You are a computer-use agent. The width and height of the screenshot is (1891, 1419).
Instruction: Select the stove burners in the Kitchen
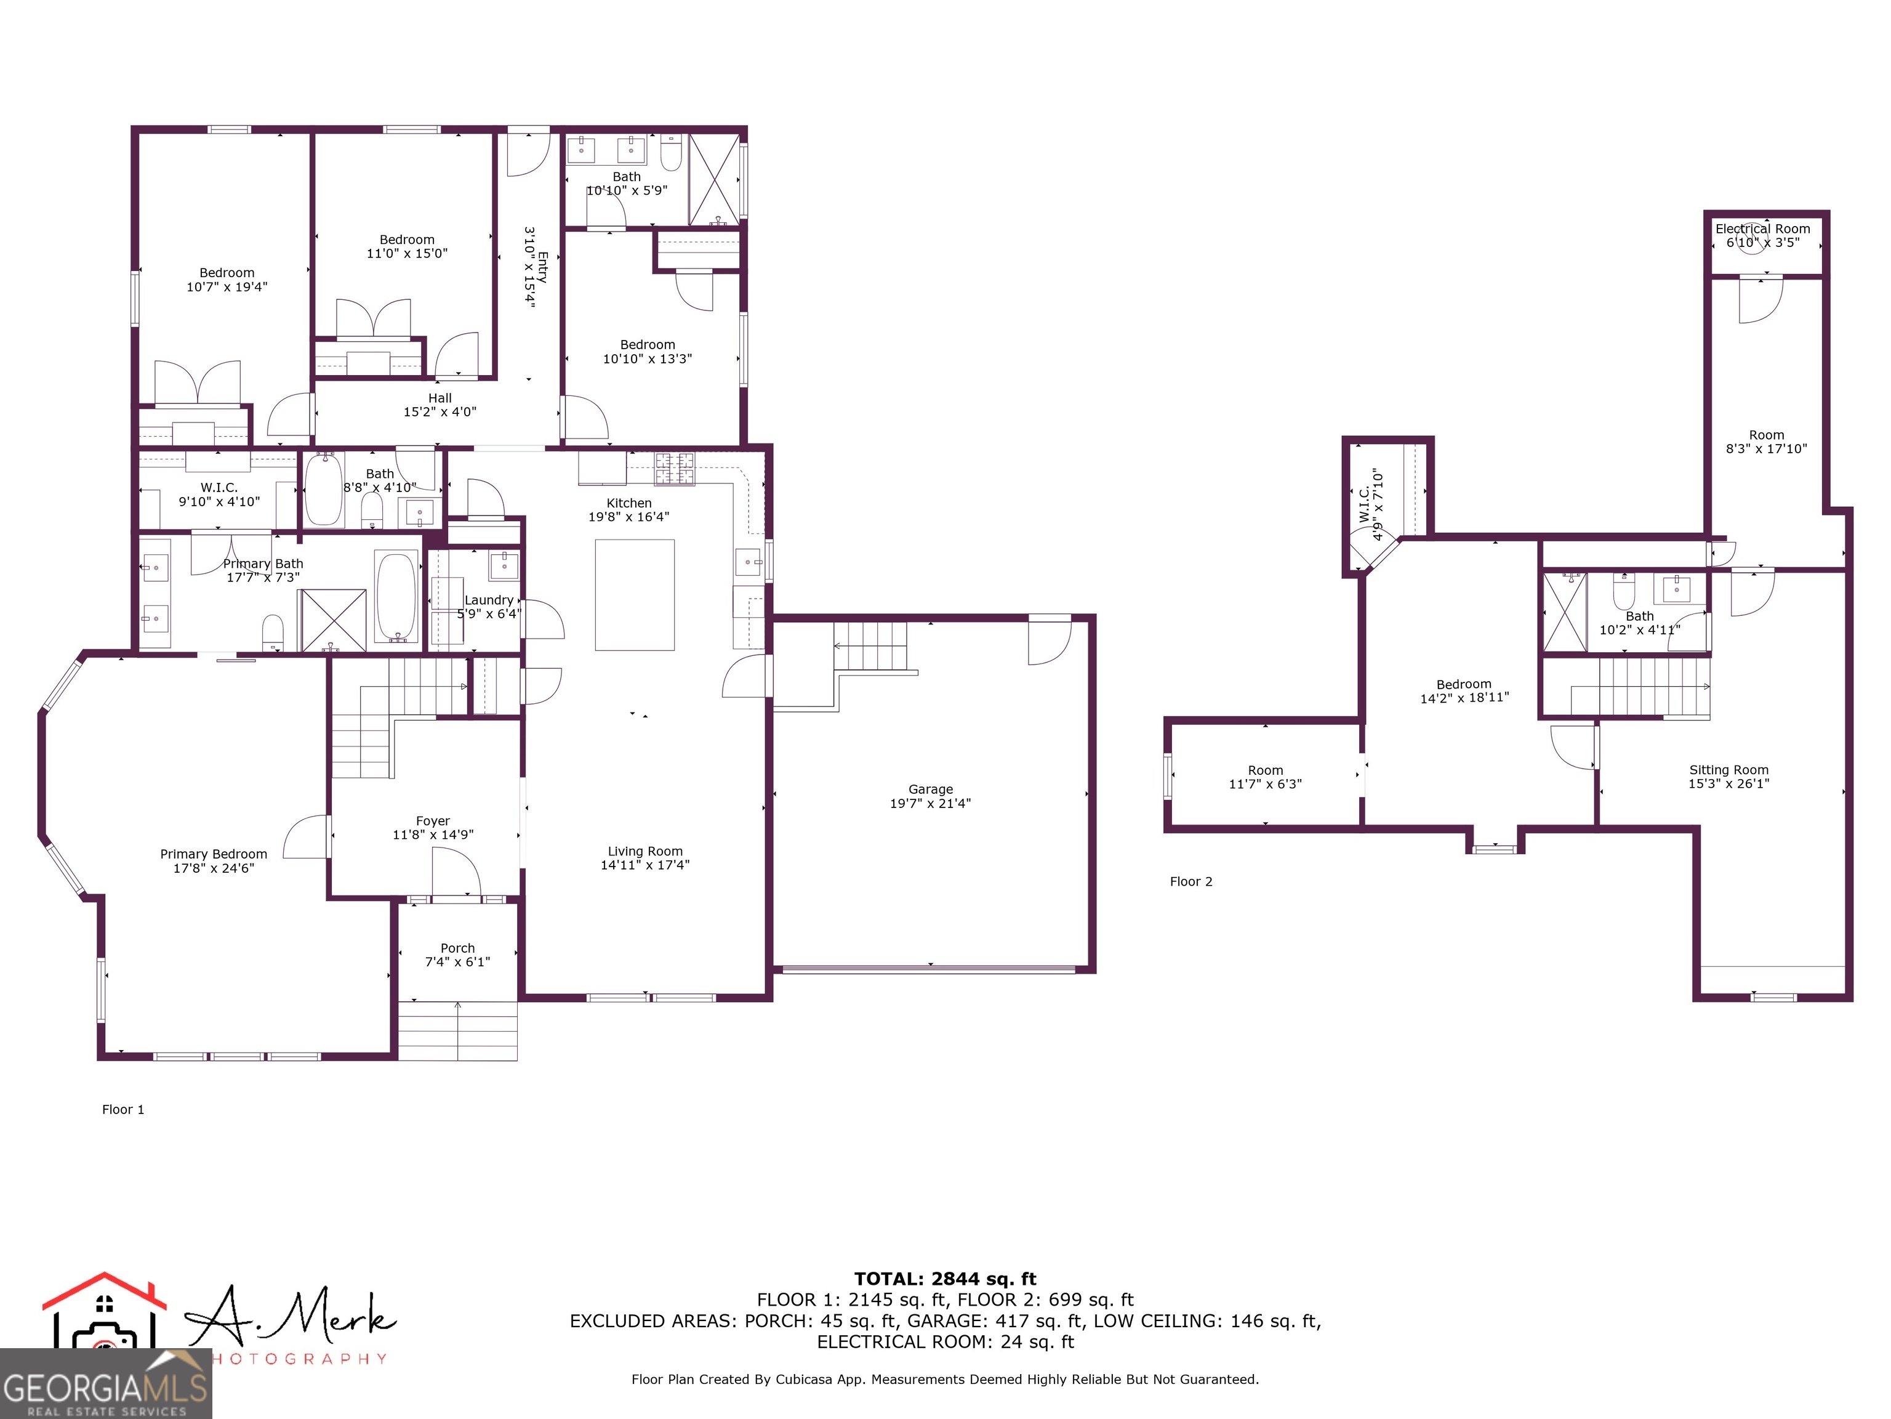[675, 469]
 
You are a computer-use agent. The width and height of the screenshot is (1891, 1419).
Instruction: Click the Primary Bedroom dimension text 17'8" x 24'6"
[214, 868]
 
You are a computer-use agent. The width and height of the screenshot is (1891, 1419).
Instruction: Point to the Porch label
[457, 948]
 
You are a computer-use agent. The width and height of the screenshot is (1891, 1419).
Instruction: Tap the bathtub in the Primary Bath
[396, 597]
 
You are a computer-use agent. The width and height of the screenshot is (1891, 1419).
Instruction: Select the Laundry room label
[489, 600]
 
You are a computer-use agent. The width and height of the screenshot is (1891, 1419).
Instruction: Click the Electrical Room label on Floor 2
[1763, 229]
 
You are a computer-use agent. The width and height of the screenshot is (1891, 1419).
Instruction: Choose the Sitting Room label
[1728, 770]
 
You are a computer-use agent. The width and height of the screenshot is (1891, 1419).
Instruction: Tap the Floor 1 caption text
[123, 1109]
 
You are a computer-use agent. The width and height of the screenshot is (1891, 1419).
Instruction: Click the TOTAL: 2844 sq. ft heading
[945, 1279]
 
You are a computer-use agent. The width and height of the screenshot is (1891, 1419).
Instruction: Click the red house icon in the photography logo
[104, 1292]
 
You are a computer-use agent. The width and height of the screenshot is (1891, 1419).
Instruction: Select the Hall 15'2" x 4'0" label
[440, 405]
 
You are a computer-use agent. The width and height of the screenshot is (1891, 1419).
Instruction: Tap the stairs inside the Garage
[870, 647]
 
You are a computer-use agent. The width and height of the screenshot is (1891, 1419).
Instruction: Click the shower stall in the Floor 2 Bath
[1564, 612]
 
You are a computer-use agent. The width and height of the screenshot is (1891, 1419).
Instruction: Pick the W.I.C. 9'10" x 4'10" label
[219, 495]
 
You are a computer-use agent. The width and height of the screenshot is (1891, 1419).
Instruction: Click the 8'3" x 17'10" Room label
[1766, 442]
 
